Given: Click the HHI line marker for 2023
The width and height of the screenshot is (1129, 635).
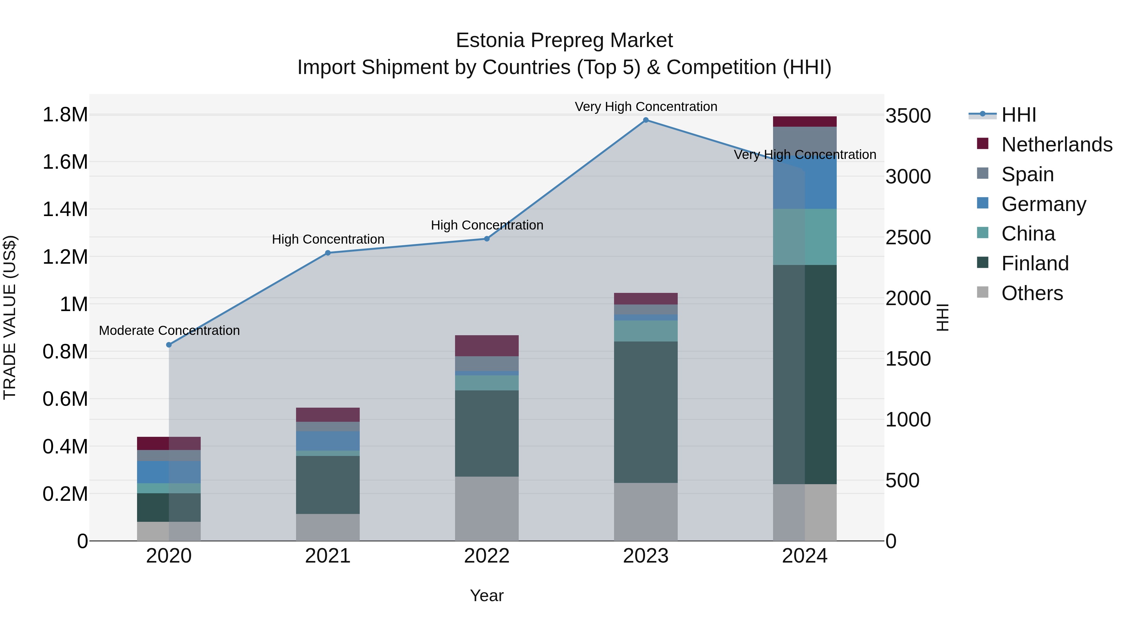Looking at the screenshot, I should pyautogui.click(x=646, y=120).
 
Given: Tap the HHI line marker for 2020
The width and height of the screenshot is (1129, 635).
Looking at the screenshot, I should pyautogui.click(x=169, y=345).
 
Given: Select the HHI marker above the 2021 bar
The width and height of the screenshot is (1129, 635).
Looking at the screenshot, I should pyautogui.click(x=328, y=253).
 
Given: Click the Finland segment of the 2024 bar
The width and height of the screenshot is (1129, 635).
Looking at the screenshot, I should pyautogui.click(x=805, y=375).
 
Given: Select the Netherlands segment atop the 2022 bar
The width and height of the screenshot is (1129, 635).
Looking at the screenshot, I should pyautogui.click(x=486, y=346).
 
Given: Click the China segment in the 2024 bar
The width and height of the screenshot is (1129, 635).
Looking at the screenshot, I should pyautogui.click(x=805, y=237).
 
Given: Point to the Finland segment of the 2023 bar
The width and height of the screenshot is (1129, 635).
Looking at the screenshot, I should pyautogui.click(x=646, y=412).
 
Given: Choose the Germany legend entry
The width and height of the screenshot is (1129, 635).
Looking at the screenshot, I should pyautogui.click(x=1043, y=204).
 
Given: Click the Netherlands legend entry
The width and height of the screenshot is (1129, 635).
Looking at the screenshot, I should pyautogui.click(x=1056, y=145).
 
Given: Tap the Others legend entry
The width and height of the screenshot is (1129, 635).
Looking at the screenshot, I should pyautogui.click(x=1032, y=293).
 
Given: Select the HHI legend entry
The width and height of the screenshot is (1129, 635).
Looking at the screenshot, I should pyautogui.click(x=1018, y=115).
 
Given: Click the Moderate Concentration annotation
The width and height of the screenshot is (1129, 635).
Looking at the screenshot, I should pyautogui.click(x=169, y=331).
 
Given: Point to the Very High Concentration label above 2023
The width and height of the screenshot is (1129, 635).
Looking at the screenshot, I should pyautogui.click(x=646, y=107).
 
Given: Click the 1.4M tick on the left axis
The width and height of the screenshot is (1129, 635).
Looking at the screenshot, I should pyautogui.click(x=65, y=209).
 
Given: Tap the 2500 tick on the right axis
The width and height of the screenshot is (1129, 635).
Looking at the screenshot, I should pyautogui.click(x=908, y=237).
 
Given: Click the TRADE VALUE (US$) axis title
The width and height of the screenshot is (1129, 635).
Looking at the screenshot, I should pyautogui.click(x=10, y=317).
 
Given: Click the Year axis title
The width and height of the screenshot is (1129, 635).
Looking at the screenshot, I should pyautogui.click(x=486, y=595).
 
